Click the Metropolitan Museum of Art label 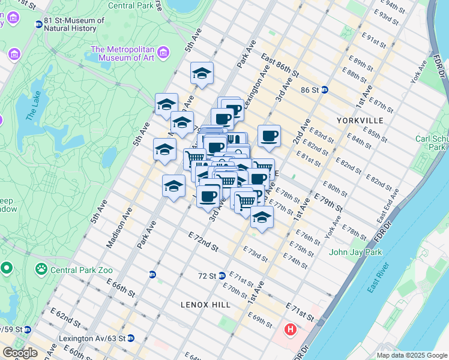122,53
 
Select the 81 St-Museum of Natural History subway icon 39,25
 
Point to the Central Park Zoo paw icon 41,268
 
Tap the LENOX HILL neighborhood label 206,305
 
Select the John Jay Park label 355,252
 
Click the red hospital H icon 291,329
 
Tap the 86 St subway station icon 324,90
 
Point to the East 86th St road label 280,67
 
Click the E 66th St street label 122,286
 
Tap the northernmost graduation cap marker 202,74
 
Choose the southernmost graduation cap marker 262,218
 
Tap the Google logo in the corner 20,353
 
